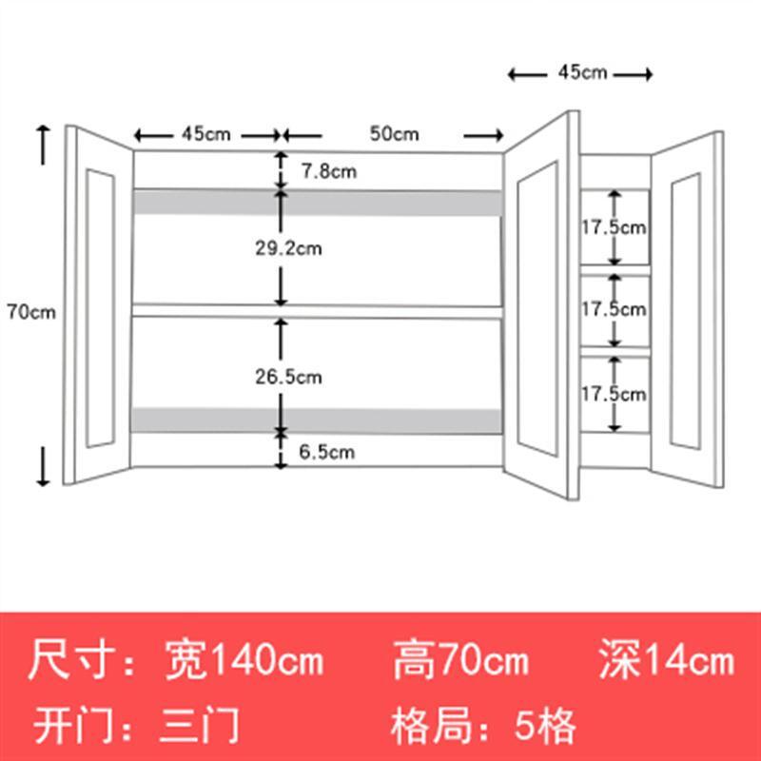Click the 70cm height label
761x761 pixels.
click(31, 312)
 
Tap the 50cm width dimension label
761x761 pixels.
click(394, 133)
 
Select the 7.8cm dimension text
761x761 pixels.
click(329, 171)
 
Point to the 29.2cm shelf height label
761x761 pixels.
click(289, 248)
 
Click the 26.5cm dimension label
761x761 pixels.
click(289, 377)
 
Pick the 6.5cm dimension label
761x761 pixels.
click(326, 452)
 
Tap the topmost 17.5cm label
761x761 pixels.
click(614, 227)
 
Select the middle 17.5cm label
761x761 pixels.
click(614, 308)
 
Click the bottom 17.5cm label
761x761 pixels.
click(614, 394)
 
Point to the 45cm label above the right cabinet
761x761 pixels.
click(582, 72)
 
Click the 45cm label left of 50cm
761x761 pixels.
click(206, 133)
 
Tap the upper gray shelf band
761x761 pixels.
click(318, 202)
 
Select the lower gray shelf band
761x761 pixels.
click(317, 420)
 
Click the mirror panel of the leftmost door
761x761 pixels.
click(101, 307)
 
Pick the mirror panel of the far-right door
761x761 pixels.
click(685, 311)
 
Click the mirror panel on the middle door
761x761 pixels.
click(537, 308)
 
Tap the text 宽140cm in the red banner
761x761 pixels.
click(244, 659)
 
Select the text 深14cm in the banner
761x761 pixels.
click(667, 659)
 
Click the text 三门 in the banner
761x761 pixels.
click(200, 726)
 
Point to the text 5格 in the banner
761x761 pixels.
click(545, 726)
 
